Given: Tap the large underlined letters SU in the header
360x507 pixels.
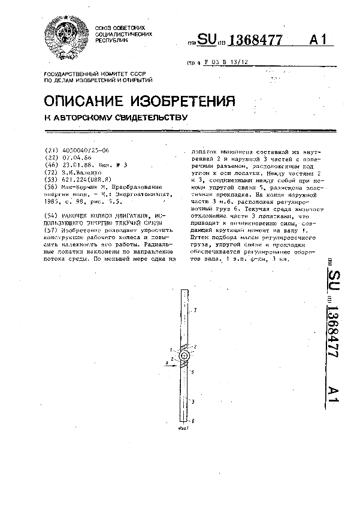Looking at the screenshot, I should coord(207,40).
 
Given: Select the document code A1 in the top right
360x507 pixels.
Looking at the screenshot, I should coord(319,40).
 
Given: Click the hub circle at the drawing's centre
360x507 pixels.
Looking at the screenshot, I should coord(184,355).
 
